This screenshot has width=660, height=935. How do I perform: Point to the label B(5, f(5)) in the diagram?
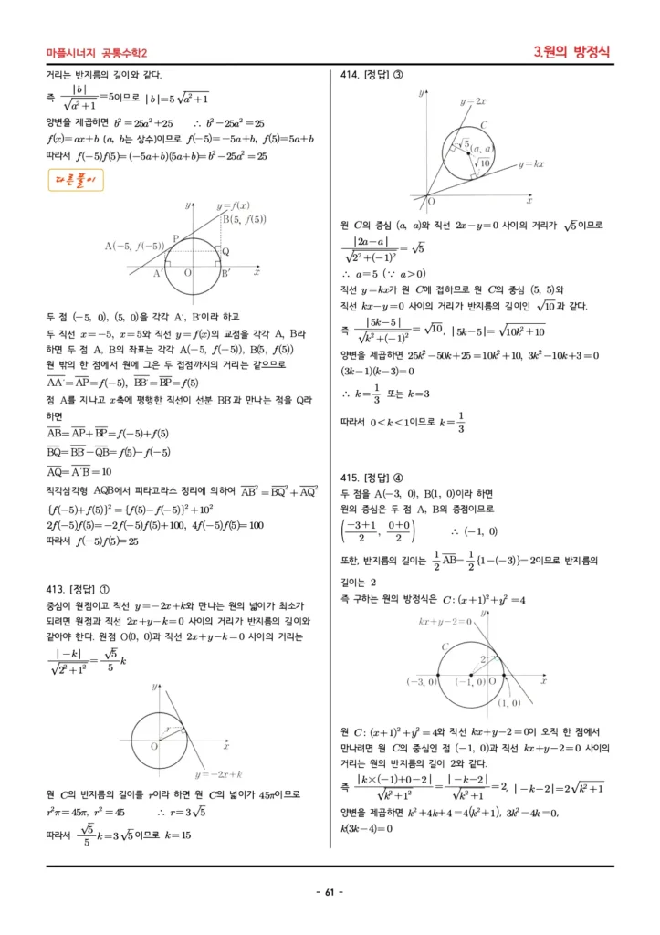tap(245, 219)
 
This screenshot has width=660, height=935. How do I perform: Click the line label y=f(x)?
tap(233, 205)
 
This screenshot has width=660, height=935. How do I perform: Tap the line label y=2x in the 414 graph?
tap(473, 101)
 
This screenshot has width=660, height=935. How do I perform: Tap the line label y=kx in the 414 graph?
tap(530, 164)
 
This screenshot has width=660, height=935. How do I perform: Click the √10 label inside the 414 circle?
tap(483, 163)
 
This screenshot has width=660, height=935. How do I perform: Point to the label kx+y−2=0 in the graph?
tap(445, 622)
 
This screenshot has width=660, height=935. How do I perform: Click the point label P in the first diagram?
tap(175, 238)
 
